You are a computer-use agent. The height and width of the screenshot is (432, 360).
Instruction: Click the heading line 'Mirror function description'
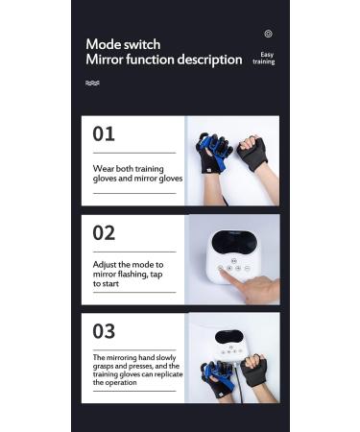163,60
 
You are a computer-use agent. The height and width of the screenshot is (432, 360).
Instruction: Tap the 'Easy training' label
263,59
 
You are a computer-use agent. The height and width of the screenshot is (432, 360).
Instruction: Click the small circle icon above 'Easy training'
268,34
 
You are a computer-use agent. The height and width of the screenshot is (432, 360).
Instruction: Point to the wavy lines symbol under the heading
92,84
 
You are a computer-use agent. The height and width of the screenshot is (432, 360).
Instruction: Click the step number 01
104,134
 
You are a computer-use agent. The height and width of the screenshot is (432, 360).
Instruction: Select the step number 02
104,232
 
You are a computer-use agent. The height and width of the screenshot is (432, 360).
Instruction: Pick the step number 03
104,331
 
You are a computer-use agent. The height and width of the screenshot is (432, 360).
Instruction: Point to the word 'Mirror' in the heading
108,60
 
